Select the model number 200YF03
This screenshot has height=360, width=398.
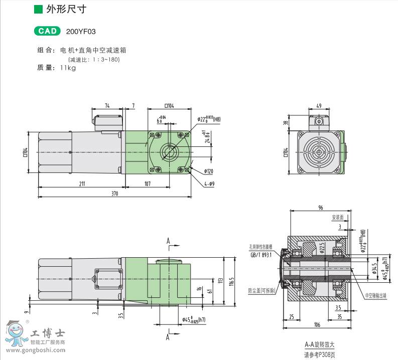[81, 32]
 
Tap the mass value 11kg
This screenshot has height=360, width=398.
[68, 68]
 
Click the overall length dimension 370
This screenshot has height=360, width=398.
[114, 194]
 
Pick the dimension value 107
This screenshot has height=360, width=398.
[147, 184]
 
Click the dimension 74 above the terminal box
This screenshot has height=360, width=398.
[107, 105]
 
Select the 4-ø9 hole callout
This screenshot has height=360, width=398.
[209, 184]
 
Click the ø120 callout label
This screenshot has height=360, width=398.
[209, 171]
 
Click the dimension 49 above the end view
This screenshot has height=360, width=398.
[319, 106]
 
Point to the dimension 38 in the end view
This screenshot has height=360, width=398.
[286, 123]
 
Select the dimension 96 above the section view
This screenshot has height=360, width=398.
[320, 208]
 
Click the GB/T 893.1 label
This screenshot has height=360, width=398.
[261, 255]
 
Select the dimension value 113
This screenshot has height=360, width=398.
[220, 279]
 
